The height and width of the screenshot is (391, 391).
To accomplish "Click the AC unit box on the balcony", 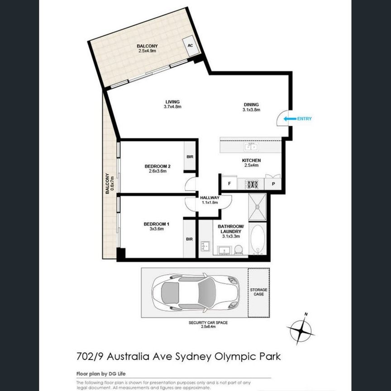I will click(x=190, y=46).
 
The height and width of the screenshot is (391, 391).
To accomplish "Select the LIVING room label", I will click(x=172, y=101).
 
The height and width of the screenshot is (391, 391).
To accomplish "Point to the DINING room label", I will click(x=251, y=105).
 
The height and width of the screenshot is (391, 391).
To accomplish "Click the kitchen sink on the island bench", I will click(x=250, y=147).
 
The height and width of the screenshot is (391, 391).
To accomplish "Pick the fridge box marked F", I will click(x=229, y=184).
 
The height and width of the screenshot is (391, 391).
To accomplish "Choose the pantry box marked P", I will click(x=273, y=184).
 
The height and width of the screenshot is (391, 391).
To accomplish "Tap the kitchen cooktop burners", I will click(x=252, y=184).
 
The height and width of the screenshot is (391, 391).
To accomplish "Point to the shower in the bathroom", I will click(x=257, y=206).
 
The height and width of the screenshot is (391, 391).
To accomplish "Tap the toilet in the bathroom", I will click(x=238, y=249).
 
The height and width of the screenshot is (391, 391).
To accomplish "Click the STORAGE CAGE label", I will click(x=258, y=292).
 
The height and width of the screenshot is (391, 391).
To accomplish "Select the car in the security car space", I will click(x=195, y=292).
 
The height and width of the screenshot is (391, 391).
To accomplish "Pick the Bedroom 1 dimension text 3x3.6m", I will click(x=156, y=229).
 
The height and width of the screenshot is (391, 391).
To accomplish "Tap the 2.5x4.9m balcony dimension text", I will click(x=147, y=51).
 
